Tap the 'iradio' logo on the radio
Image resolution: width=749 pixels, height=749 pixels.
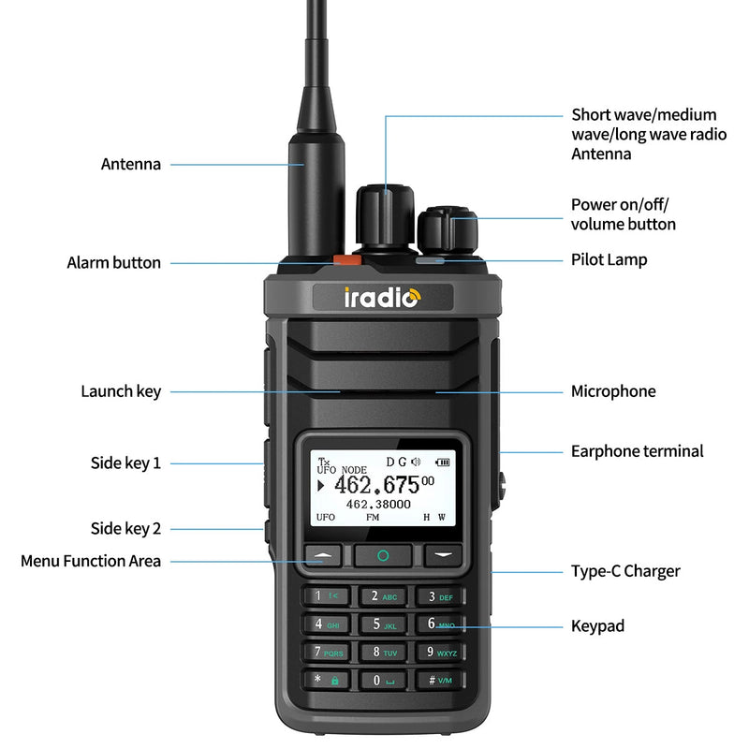(x=382, y=298)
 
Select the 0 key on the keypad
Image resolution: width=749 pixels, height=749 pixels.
(x=382, y=681)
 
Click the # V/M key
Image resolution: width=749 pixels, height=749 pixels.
(x=438, y=681)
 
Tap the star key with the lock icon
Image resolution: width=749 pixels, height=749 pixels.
(x=326, y=681)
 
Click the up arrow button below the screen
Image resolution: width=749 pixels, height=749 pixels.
(x=324, y=554)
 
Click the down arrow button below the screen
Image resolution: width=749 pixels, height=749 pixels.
(x=443, y=554)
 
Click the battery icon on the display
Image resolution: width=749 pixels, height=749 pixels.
(x=442, y=462)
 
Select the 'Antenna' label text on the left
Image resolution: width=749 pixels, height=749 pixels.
(x=131, y=164)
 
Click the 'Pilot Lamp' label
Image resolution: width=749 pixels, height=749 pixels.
(x=609, y=259)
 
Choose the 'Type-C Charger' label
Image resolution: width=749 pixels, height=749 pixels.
(x=625, y=571)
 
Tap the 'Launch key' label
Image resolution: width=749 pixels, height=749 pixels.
(x=121, y=391)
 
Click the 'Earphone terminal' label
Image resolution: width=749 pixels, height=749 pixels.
(x=637, y=451)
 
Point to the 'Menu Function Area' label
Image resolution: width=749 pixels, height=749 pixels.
(x=91, y=561)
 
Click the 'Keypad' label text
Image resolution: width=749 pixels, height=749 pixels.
(x=597, y=625)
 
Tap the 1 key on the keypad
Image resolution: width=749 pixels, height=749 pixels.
(x=326, y=596)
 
